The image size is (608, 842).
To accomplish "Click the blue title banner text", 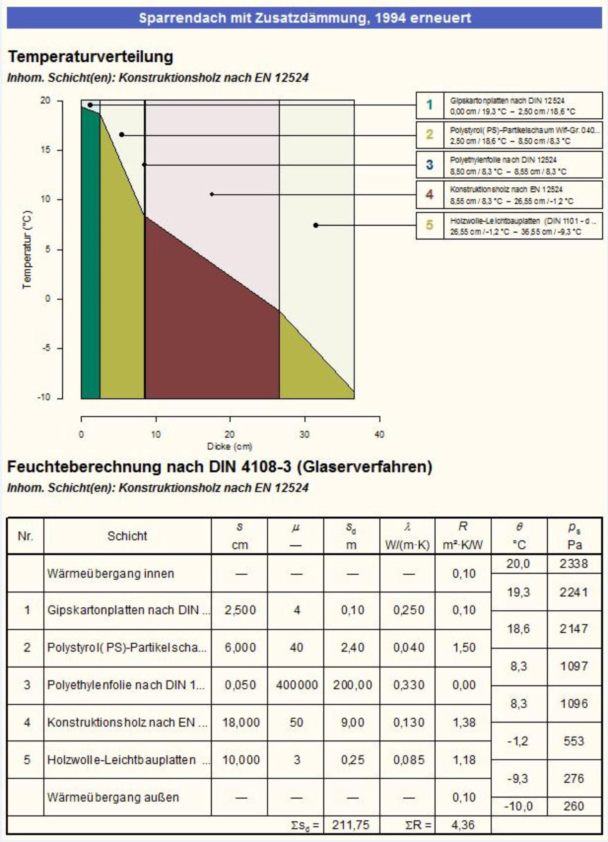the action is tap(305, 18).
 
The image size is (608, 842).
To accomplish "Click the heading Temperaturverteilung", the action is tap(91, 56).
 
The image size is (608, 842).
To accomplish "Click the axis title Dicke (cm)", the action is tap(230, 446).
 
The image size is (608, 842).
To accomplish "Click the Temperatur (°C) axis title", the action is tap(27, 249).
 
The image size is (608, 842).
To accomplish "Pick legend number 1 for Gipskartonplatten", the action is tap(430, 105).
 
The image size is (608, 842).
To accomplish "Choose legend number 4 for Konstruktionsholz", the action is tap(430, 195).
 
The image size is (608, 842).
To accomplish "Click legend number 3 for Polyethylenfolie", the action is tap(430, 165).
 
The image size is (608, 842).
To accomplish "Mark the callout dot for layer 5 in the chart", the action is tap(316, 225).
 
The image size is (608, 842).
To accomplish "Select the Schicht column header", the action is tap(127, 536).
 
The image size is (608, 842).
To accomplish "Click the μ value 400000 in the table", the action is tap(297, 685).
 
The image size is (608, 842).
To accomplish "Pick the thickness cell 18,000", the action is tap(241, 722).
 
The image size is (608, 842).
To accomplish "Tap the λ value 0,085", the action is tap(409, 760).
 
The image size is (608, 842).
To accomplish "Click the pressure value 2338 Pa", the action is tap(574, 563).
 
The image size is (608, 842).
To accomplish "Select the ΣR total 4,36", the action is tap(463, 825).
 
